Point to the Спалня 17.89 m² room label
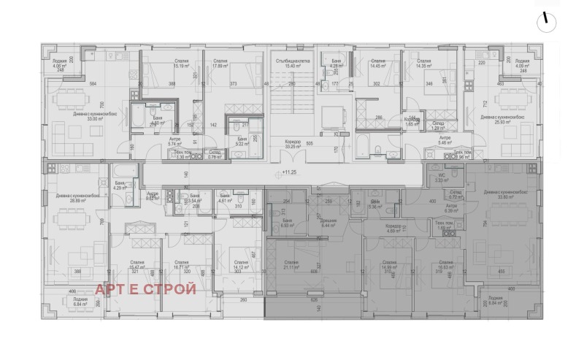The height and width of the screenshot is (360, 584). click(x=216, y=64)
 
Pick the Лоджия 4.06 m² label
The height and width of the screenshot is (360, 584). click(x=61, y=64)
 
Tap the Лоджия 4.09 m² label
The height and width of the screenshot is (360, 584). click(x=522, y=64)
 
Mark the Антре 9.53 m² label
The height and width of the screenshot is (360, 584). click(x=153, y=196)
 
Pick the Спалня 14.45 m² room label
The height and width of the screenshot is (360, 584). click(x=378, y=64)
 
